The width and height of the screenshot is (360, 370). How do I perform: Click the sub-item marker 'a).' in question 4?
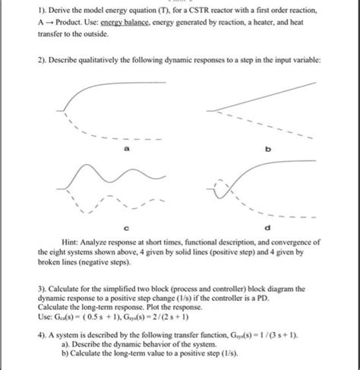[x=63, y=346]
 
